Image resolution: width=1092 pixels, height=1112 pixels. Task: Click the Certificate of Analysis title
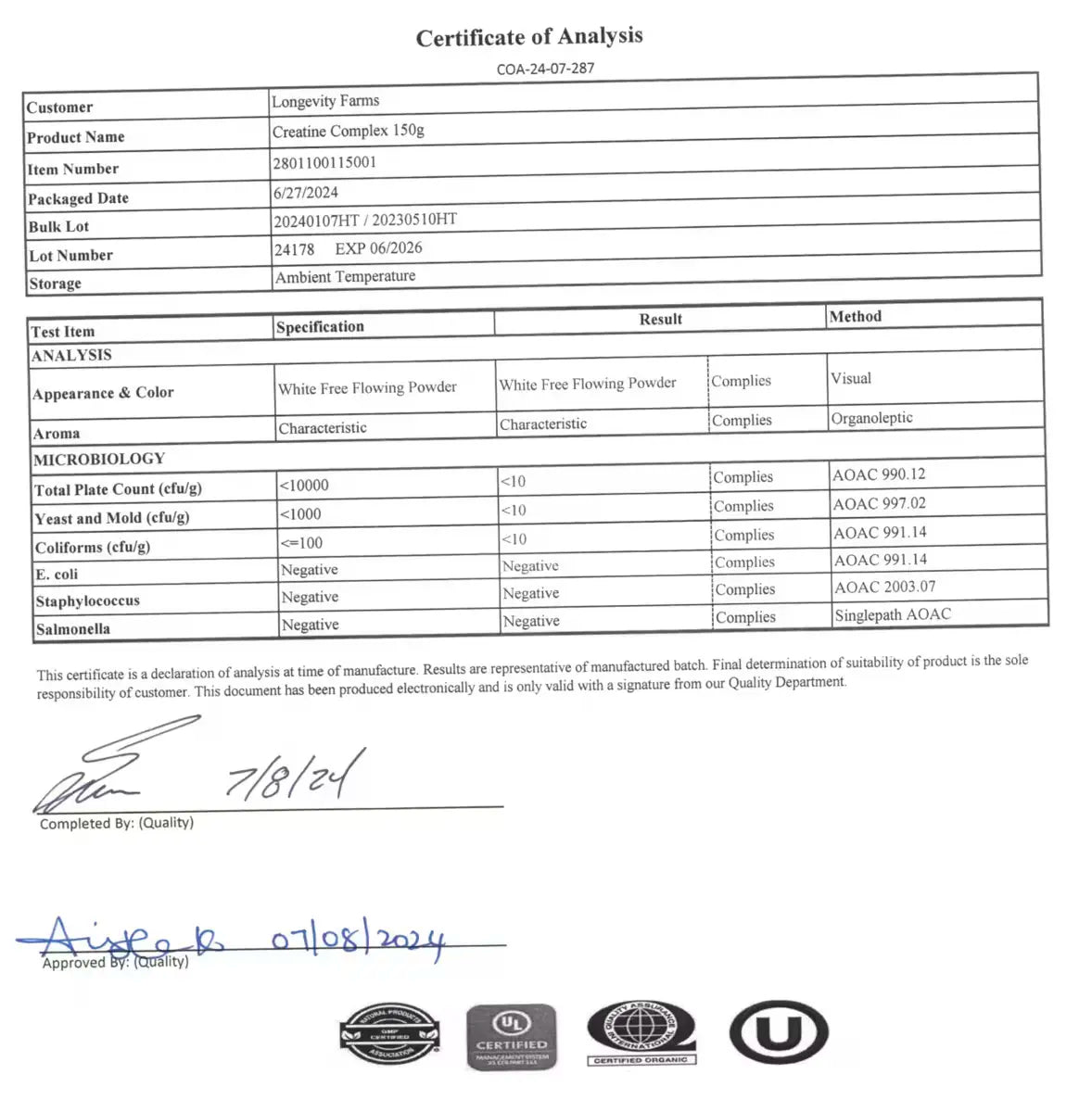[529, 37]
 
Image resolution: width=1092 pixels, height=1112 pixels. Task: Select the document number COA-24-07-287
[545, 69]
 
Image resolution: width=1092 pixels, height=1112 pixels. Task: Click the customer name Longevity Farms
[325, 101]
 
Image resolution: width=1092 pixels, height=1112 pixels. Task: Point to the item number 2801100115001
[324, 163]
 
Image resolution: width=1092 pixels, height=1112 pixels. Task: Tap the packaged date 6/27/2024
[306, 193]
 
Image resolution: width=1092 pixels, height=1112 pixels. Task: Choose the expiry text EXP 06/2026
[378, 248]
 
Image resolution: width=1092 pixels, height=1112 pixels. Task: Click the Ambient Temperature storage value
[345, 277]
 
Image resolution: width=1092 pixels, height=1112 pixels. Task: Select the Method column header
[855, 317]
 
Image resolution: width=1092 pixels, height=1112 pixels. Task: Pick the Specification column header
[320, 327]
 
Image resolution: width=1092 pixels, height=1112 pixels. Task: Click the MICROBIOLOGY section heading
[99, 460]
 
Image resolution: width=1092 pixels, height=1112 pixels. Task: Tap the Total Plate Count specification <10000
[304, 486]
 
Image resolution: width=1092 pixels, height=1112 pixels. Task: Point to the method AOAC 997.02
[879, 504]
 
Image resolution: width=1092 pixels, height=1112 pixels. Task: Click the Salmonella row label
[73, 629]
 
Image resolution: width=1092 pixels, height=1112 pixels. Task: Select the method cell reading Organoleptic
[871, 418]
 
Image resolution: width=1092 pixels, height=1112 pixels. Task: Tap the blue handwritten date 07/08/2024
[358, 941]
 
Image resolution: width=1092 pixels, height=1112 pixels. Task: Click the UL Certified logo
[512, 1036]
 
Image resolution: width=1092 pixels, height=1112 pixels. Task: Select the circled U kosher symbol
[778, 1031]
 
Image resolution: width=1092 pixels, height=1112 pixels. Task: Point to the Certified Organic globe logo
[641, 1032]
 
